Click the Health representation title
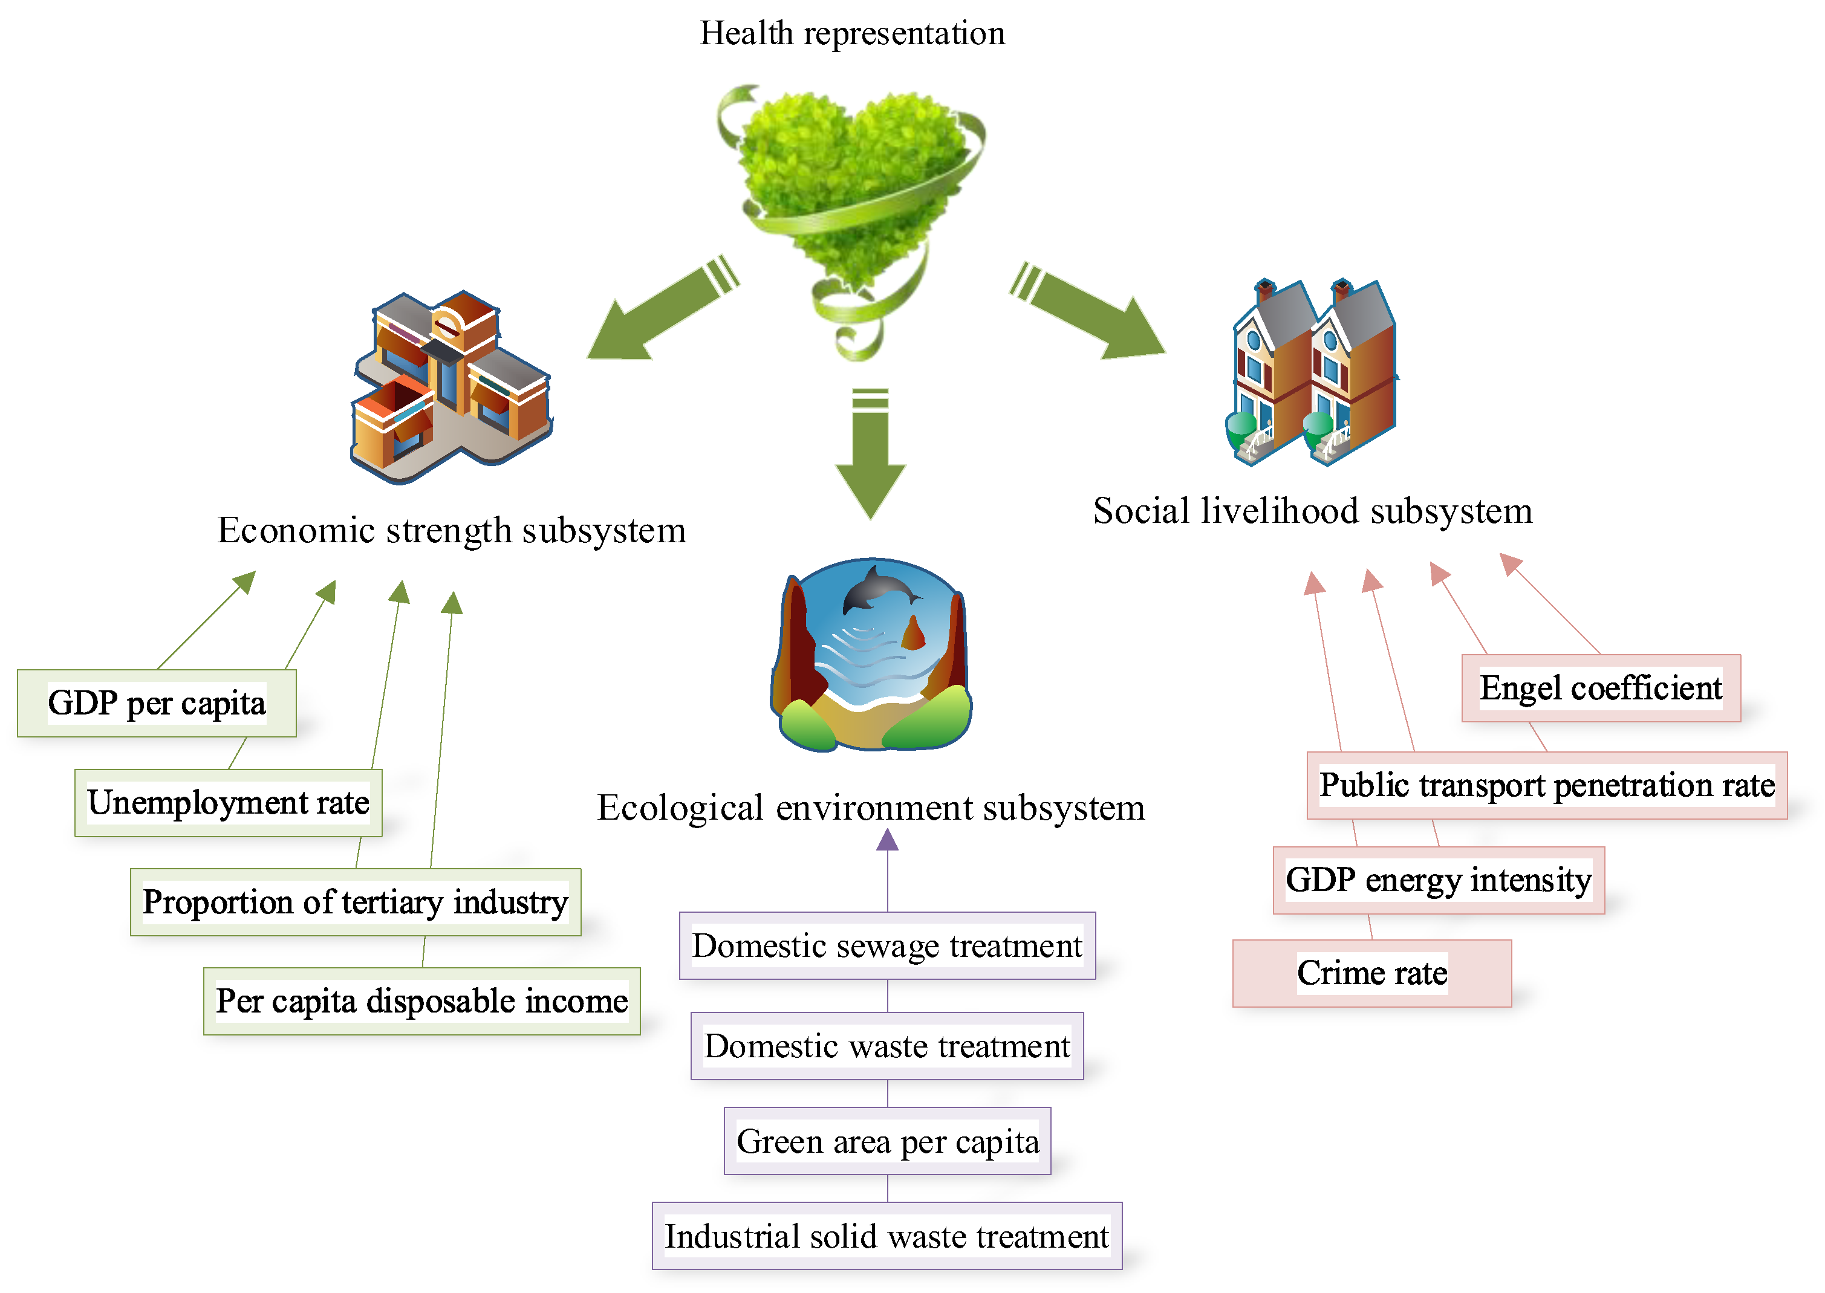coord(852,33)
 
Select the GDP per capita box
coord(157,703)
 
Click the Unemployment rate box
coord(229,803)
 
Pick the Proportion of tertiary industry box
coord(355,902)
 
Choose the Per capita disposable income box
coord(422,1001)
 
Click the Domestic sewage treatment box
coord(887,946)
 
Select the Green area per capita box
coord(887,1141)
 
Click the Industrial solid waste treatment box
coord(887,1236)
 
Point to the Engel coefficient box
coord(1601,688)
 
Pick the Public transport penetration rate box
coord(1546,785)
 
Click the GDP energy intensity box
coord(1438,880)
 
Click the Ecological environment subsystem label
coord(871,808)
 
